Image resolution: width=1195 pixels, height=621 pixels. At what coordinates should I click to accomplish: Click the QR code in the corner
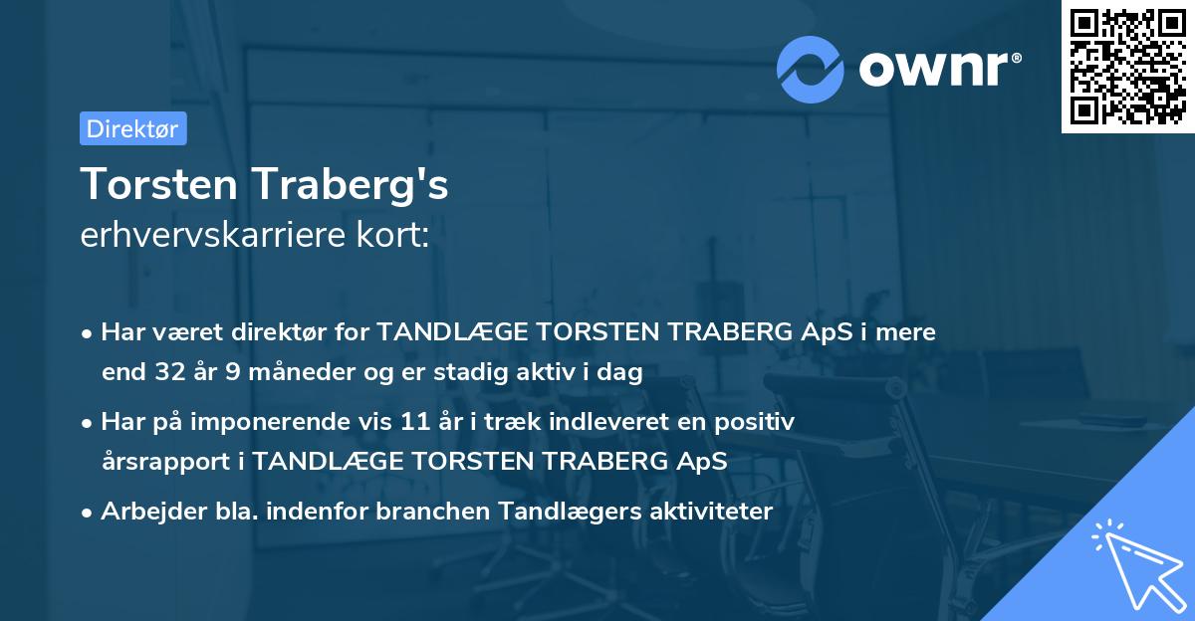[x=1127, y=67]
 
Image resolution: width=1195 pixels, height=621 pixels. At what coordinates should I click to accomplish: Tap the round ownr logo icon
[x=810, y=70]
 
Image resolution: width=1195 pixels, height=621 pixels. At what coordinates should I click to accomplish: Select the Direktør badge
[x=132, y=128]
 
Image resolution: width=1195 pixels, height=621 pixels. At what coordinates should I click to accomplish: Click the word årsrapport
[x=170, y=462]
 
